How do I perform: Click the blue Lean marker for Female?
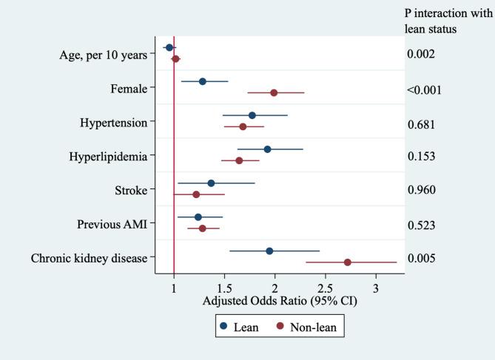(203, 81)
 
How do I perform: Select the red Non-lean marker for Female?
(274, 92)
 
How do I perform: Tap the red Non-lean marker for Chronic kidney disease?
(348, 262)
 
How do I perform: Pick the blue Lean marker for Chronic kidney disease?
(269, 251)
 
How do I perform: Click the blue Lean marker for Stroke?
(211, 183)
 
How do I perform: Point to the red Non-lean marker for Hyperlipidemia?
(239, 160)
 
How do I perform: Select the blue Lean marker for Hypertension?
(252, 115)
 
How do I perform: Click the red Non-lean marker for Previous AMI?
(203, 228)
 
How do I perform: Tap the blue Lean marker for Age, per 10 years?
(169, 47)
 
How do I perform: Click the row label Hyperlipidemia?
(107, 156)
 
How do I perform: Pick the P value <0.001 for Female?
(424, 89)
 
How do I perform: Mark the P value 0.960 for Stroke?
(421, 190)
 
